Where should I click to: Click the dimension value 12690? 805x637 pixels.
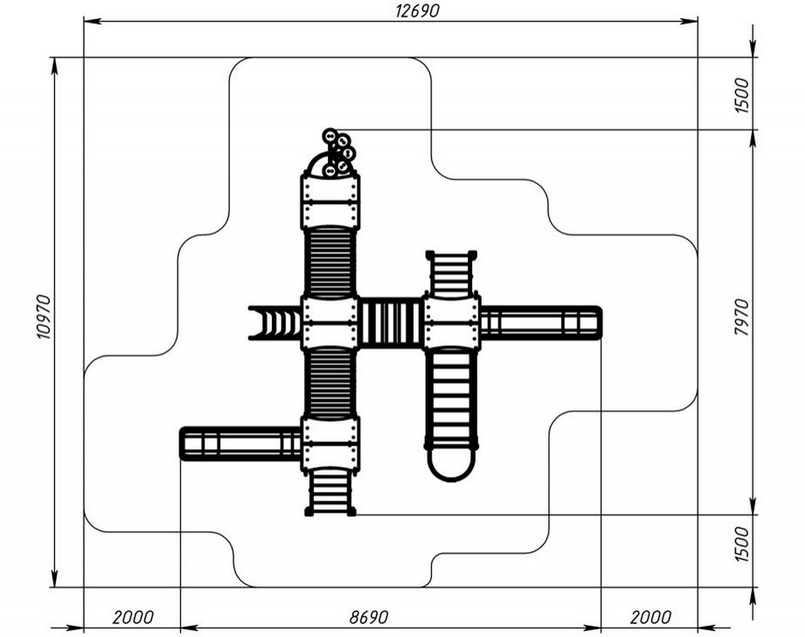[417, 10]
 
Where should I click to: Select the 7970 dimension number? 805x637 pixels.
[741, 316]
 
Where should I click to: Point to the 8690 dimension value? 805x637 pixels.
[368, 617]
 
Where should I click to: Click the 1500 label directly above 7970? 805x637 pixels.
[741, 93]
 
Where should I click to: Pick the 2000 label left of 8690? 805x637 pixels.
[133, 617]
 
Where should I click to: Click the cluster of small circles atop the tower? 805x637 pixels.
[337, 153]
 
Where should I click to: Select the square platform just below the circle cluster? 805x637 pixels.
[331, 201]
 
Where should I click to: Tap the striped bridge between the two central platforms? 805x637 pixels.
[392, 323]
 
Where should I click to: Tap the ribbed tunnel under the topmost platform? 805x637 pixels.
[331, 262]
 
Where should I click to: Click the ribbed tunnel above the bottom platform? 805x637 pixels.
[331, 383]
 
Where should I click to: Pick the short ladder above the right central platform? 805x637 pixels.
[451, 274]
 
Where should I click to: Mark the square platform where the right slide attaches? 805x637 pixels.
[451, 323]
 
